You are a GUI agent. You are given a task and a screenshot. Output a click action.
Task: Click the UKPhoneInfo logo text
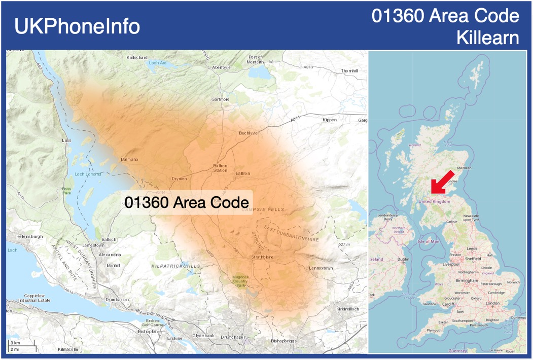[x=77, y=26]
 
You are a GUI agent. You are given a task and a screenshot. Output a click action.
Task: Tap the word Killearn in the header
[x=488, y=38]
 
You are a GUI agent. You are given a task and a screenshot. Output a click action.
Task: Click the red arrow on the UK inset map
[x=442, y=182]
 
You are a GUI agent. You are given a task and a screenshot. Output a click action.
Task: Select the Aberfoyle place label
[x=221, y=67]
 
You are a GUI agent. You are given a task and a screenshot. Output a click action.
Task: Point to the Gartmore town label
[x=221, y=99]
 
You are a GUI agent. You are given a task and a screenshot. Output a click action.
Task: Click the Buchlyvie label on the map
[x=248, y=133]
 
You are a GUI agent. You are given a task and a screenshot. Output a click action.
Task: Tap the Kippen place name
[x=330, y=120]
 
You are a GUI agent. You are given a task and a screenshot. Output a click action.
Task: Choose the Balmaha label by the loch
[x=129, y=160]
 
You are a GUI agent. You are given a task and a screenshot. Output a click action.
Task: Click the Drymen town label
[x=180, y=179]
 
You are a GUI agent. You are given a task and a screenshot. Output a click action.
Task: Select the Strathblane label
[x=262, y=257]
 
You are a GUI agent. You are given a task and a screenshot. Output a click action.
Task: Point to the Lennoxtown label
[x=321, y=268]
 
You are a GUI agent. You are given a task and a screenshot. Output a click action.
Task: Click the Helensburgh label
[x=30, y=237]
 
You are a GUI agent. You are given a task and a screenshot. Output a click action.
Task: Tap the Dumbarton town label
[x=117, y=300]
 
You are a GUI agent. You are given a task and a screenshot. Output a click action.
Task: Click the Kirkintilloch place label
[x=347, y=309]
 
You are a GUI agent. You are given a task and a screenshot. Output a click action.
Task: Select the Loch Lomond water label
[x=88, y=174]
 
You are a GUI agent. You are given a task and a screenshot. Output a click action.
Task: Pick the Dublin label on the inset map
[x=404, y=259]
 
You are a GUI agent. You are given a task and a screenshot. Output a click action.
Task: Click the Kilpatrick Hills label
[x=175, y=266]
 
